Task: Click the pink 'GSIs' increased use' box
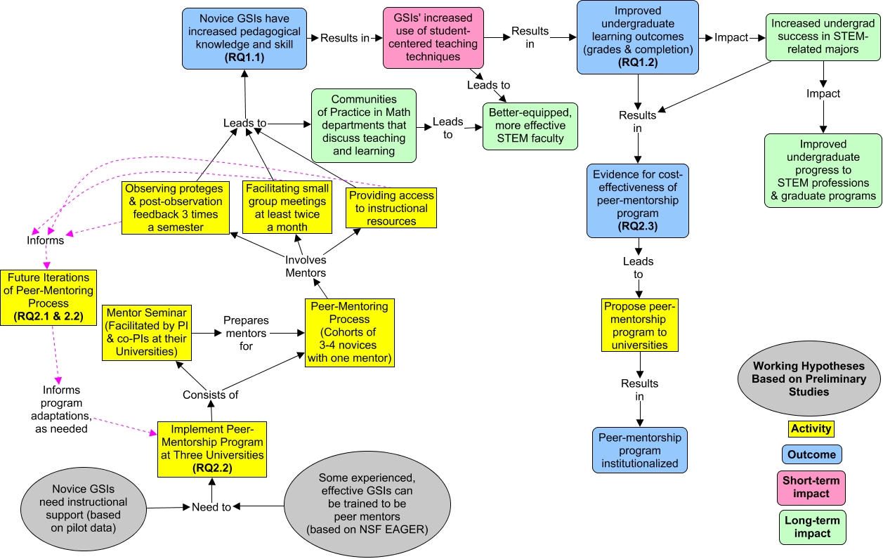pos(433,38)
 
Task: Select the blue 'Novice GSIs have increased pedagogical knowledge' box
pos(244,39)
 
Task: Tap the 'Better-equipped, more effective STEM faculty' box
pos(530,126)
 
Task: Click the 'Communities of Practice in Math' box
pos(364,126)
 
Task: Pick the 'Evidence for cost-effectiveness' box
pos(638,201)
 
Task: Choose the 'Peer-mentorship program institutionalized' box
pos(640,450)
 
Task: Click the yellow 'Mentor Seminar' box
pos(147,333)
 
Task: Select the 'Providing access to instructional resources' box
pos(391,208)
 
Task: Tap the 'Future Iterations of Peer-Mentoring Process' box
pos(48,298)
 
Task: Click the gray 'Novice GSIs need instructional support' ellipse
pos(83,508)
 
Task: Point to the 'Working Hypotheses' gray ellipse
pos(809,379)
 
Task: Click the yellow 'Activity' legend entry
pos(811,428)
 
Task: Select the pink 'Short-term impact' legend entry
pos(811,487)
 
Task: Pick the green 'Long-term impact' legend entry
pos(813,527)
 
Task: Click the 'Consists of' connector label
pos(211,395)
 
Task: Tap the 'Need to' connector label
pos(211,507)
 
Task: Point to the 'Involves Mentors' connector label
pos(306,266)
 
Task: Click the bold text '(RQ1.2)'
pos(638,63)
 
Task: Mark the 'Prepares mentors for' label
pos(246,333)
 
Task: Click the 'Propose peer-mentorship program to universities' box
pos(640,325)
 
